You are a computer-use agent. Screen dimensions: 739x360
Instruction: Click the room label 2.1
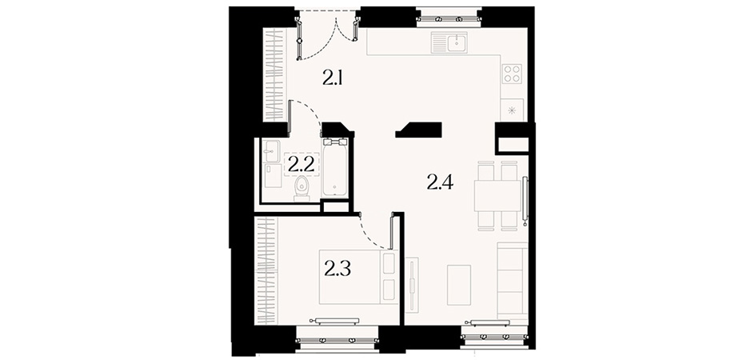click(x=332, y=77)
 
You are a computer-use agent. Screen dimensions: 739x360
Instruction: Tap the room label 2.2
click(x=301, y=165)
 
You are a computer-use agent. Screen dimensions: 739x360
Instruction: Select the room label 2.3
click(x=338, y=269)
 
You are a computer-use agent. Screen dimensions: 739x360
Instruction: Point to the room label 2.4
click(x=440, y=182)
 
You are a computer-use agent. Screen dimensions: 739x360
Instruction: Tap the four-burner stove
click(x=513, y=74)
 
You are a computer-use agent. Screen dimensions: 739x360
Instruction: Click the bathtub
click(x=335, y=167)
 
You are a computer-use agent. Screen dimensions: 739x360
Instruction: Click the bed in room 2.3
click(x=358, y=277)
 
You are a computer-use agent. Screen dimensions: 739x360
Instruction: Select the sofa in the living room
click(x=513, y=282)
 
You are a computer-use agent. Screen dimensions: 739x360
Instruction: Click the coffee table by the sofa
click(x=459, y=285)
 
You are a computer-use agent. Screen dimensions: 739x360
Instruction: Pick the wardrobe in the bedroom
click(x=266, y=270)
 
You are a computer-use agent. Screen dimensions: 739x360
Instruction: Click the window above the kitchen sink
click(x=449, y=19)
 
